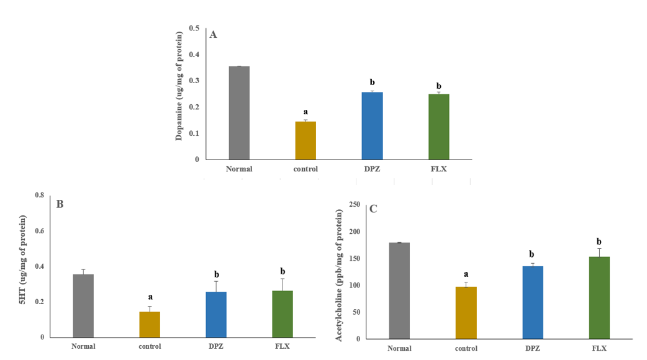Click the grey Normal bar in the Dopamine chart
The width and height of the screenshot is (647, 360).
(x=239, y=113)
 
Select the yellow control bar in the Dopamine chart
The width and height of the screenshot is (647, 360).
(x=305, y=140)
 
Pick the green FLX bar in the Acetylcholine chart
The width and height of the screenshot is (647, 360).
(x=599, y=297)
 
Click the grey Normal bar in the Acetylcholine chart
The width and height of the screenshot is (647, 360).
(x=399, y=290)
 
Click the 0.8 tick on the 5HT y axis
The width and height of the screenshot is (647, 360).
(x=39, y=196)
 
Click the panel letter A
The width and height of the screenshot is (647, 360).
(x=213, y=35)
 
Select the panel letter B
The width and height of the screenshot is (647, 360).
(x=60, y=203)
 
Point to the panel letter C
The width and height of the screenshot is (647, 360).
(x=373, y=209)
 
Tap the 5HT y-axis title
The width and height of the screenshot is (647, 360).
(x=23, y=267)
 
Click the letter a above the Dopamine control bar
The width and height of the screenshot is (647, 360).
(x=305, y=112)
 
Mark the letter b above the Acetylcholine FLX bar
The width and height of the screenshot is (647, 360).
(x=599, y=241)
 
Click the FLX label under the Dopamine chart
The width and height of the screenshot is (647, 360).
(x=438, y=169)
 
